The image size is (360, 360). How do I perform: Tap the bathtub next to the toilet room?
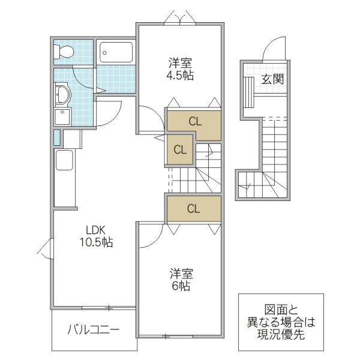point(118,53)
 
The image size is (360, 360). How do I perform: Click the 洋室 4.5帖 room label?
point(181,68)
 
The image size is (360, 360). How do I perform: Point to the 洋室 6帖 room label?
point(180,279)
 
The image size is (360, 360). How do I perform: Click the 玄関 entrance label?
point(272,79)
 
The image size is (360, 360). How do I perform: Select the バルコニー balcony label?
point(93,329)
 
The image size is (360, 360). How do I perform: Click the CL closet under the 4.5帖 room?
point(194,121)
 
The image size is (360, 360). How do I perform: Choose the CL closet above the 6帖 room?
point(193,209)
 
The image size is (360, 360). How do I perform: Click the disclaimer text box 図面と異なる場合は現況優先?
point(281,322)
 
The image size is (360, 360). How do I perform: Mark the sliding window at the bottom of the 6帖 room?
point(174,335)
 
